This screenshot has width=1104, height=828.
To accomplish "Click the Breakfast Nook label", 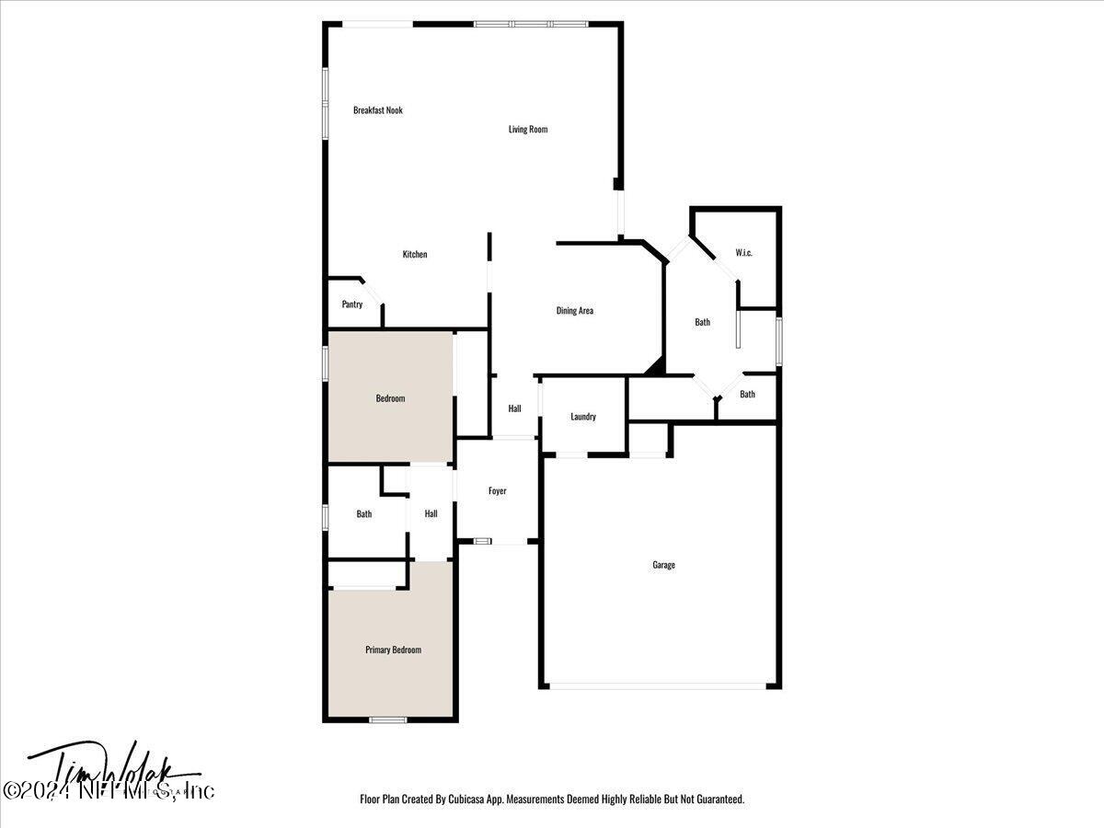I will [x=378, y=110].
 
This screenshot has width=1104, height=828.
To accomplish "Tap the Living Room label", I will [x=528, y=130].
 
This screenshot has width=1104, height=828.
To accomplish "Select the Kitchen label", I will [x=415, y=255].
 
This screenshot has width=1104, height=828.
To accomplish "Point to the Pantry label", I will [x=352, y=305].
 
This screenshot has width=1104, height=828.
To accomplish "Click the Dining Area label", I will [x=574, y=311].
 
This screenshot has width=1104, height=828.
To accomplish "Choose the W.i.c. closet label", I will [x=743, y=253].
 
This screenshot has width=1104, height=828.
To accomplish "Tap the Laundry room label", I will [x=583, y=417].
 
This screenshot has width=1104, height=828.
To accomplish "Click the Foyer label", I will [x=497, y=491].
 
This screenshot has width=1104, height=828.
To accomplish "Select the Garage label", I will [x=663, y=565].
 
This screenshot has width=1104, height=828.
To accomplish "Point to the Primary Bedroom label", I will [x=393, y=650].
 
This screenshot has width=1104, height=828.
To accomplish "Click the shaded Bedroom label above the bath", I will [x=390, y=399].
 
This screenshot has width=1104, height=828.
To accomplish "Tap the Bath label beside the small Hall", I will [x=364, y=514].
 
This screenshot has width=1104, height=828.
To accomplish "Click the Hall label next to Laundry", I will [x=515, y=409].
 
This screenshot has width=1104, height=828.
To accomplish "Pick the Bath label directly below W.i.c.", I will [x=702, y=322].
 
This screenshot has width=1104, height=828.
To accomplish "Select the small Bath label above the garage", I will [x=747, y=395].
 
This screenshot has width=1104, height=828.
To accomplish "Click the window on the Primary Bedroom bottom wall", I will [x=387, y=719].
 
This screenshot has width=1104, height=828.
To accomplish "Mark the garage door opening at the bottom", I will [x=658, y=685].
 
